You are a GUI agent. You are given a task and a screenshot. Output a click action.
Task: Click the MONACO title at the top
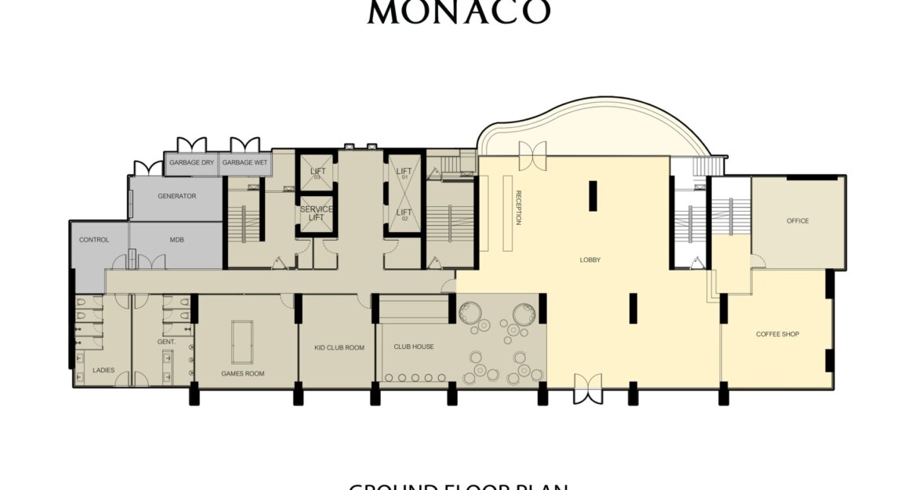[x=458, y=12]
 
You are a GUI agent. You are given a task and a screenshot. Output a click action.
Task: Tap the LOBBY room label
[x=589, y=260]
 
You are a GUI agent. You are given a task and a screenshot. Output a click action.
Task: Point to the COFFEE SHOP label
[x=777, y=334]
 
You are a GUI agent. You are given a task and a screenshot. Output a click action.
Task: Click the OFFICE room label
[x=797, y=221]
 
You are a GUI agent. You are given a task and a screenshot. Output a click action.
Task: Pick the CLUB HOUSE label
[x=413, y=347]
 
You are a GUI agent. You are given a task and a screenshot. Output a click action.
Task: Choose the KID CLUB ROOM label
[x=339, y=347]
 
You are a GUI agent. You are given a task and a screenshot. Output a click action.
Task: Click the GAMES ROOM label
[x=242, y=374]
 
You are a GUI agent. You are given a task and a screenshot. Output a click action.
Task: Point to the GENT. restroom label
[x=165, y=343]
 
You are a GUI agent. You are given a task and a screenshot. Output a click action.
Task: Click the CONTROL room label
[x=94, y=240]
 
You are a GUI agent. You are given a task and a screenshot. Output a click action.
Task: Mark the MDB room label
[x=176, y=240]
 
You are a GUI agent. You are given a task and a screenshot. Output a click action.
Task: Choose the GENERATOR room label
[x=176, y=196]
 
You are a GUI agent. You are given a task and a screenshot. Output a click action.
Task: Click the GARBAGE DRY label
[x=191, y=162]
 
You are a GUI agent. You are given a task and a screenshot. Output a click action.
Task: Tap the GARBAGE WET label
[x=245, y=162]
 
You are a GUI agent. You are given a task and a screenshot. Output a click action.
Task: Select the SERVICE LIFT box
[x=317, y=214]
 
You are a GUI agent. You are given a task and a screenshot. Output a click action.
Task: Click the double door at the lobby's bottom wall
[x=588, y=388]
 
